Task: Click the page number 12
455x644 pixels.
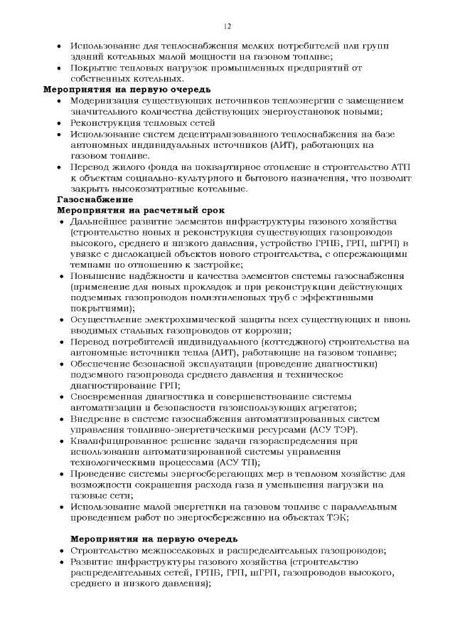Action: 227,26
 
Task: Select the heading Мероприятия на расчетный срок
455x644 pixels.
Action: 140,211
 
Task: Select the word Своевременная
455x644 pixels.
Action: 109,397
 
